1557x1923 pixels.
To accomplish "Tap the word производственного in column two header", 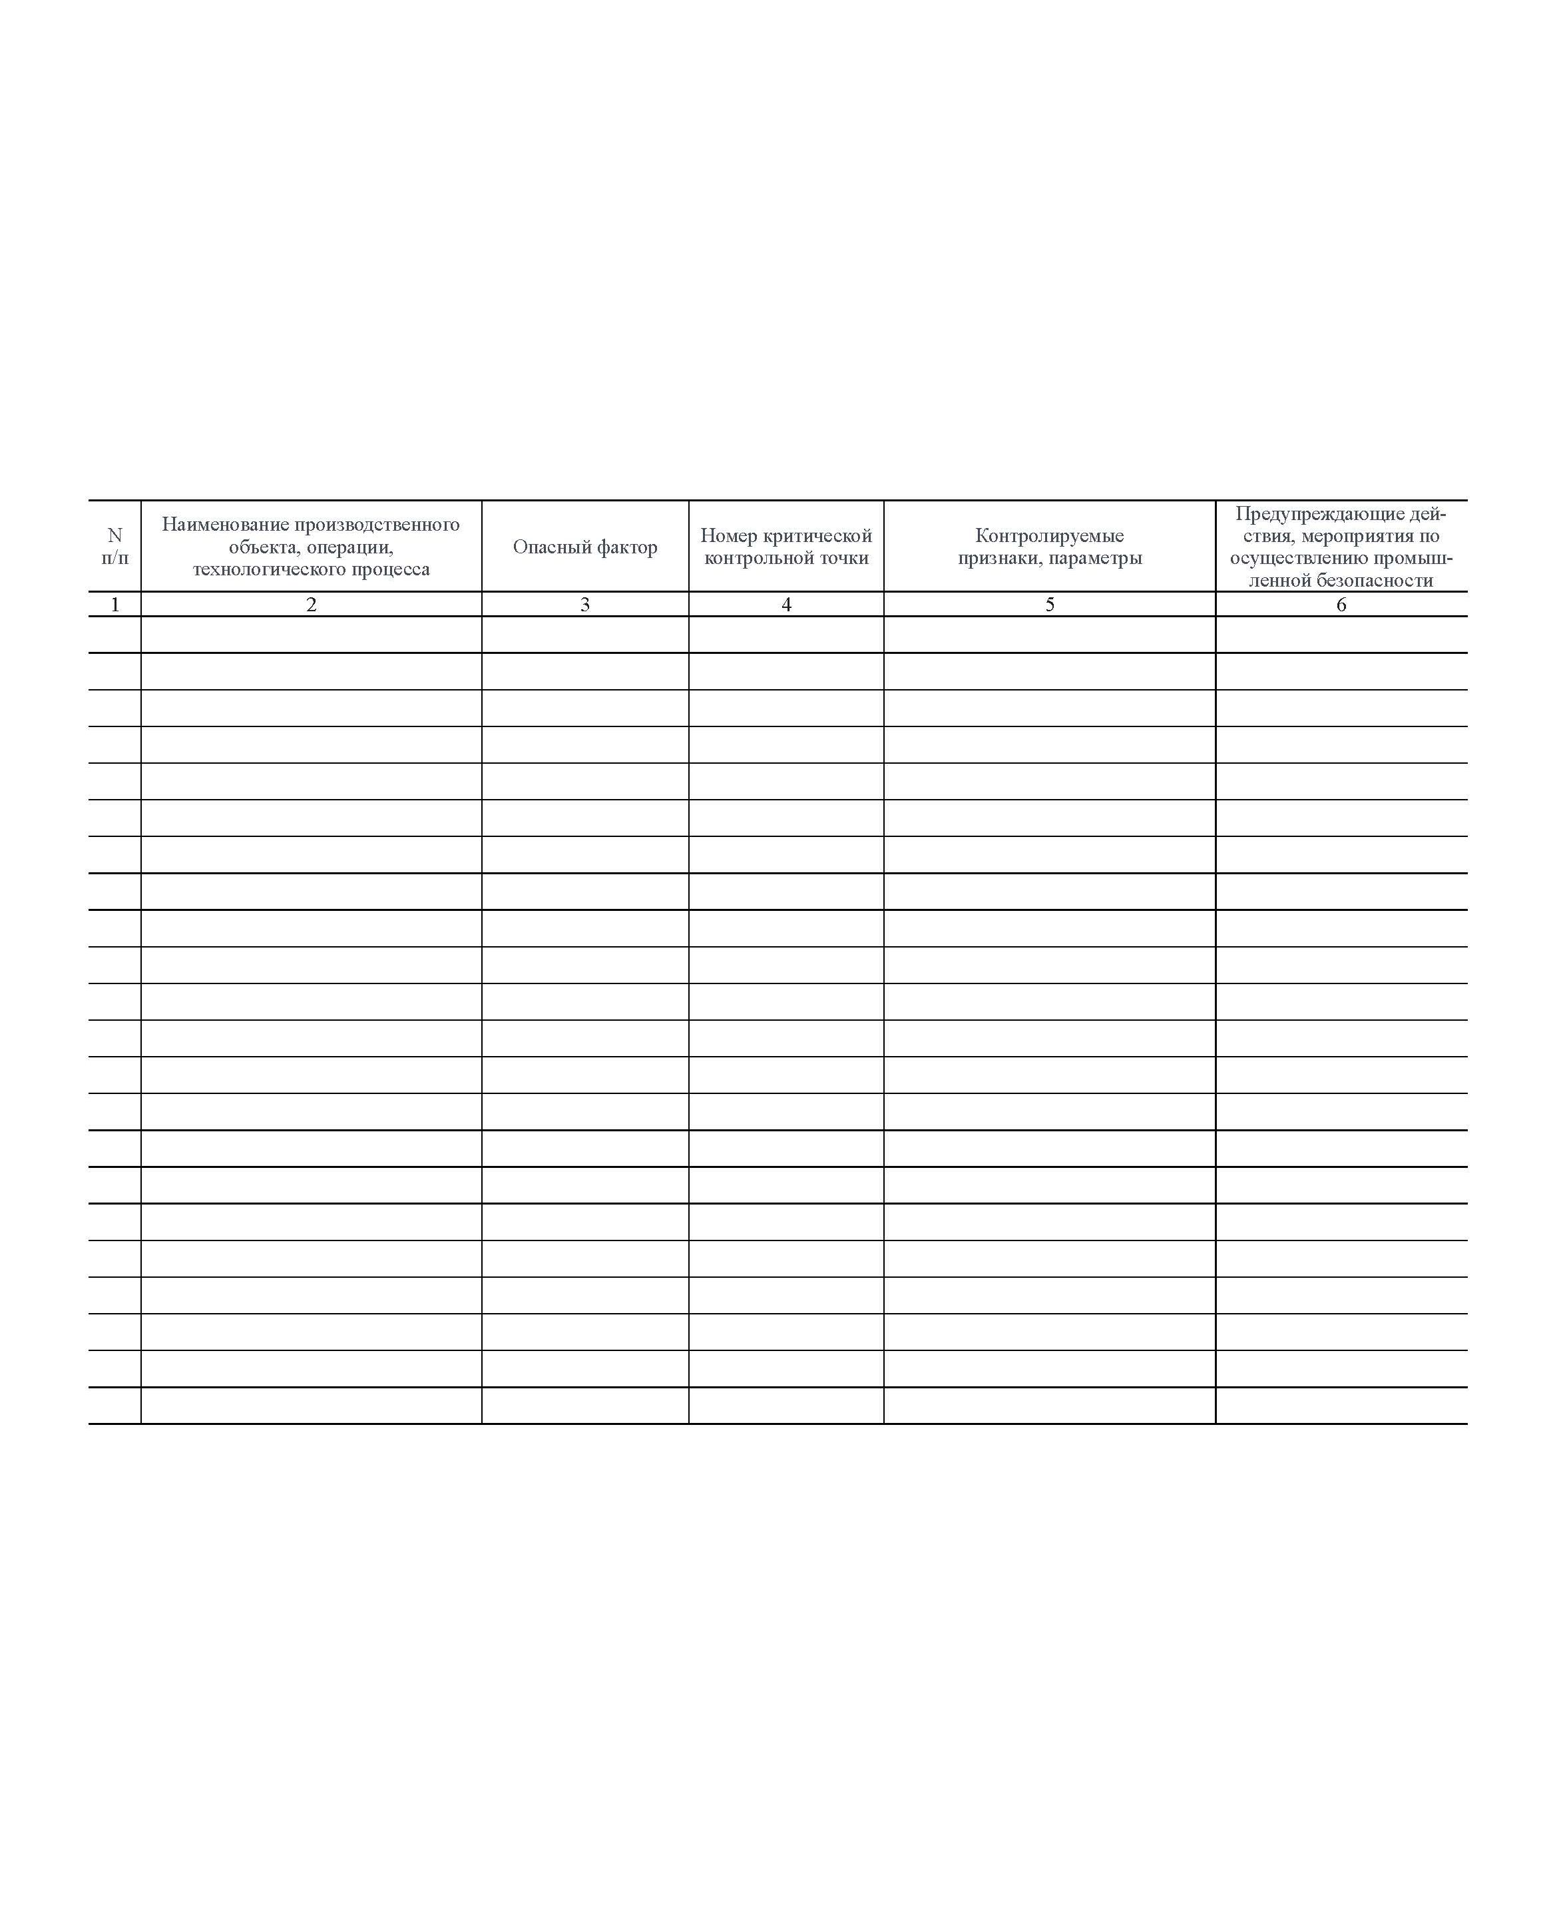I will pos(377,525).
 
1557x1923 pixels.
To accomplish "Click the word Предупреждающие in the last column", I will pos(1309,514).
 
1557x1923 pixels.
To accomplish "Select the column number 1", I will pos(114,605).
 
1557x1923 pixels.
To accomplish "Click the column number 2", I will pos(312,605).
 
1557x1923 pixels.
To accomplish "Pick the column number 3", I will pos(584,605).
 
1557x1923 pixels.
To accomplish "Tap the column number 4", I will pos(787,605).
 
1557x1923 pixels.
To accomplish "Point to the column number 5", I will pos(1049,605).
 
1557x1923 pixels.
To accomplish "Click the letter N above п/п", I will pos(114,535).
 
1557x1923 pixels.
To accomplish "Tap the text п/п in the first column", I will pos(114,558).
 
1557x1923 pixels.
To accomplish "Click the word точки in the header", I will pos(843,559).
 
